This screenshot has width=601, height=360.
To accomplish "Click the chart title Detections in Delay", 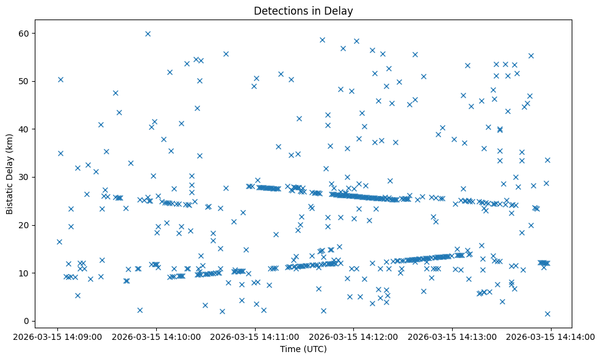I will click(x=303, y=11).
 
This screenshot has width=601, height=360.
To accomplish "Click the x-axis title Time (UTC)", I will click(x=303, y=349).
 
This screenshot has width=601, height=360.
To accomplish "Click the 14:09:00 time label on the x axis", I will click(x=58, y=336).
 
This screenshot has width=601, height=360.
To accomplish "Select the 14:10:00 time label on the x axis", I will click(x=157, y=336).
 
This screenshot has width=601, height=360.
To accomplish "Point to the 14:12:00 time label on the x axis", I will click(x=354, y=336).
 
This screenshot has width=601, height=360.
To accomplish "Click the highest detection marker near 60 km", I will click(x=148, y=34).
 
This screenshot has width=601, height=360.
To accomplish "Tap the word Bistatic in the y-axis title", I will click(x=10, y=196).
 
